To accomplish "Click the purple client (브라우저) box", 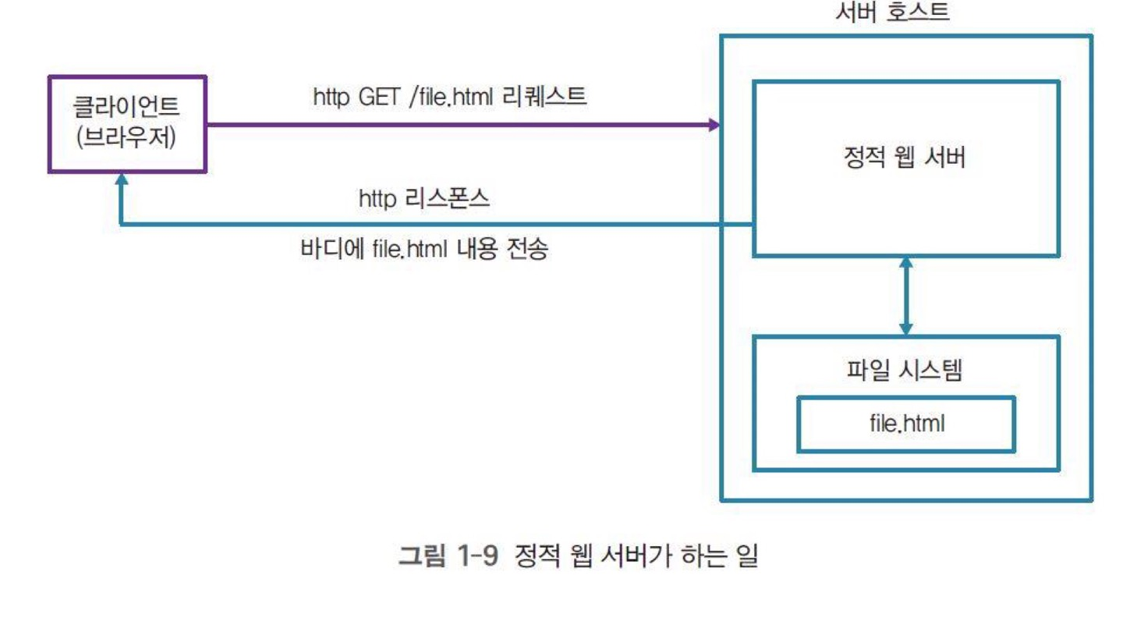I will pyautogui.click(x=127, y=123).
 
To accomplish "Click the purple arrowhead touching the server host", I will pyautogui.click(x=713, y=124).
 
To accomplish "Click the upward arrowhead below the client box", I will pyautogui.click(x=121, y=179).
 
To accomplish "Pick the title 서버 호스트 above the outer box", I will pyautogui.click(x=891, y=13).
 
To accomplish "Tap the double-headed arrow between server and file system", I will pyautogui.click(x=905, y=296).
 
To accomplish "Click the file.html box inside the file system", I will pyautogui.click(x=905, y=424).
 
